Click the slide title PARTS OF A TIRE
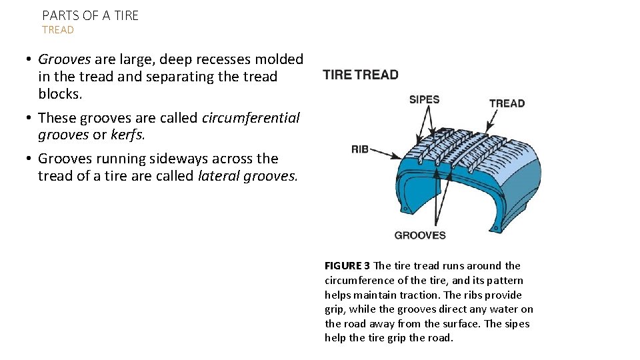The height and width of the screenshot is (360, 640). (x=91, y=15)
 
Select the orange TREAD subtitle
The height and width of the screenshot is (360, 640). (x=58, y=30)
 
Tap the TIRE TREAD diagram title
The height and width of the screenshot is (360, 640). (x=361, y=75)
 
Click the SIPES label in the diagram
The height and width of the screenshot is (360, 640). (x=424, y=100)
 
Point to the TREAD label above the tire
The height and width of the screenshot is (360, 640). (x=507, y=103)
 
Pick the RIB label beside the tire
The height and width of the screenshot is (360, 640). (x=360, y=149)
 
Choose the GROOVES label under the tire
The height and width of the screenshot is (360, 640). (x=420, y=235)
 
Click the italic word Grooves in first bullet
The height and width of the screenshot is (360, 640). (x=64, y=59)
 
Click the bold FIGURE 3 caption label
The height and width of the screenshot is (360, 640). (x=347, y=266)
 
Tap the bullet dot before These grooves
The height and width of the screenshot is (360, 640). (x=31, y=118)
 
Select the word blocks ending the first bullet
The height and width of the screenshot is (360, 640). (x=59, y=94)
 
